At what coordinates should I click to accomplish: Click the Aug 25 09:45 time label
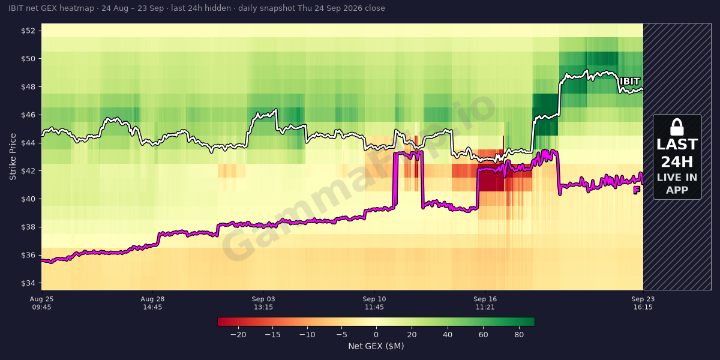click(42, 303)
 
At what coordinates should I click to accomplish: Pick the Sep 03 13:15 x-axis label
click(263, 303)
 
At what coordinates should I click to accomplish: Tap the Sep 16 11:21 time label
click(485, 303)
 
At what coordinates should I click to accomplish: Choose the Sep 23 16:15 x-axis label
click(643, 303)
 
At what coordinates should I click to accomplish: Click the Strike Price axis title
click(13, 157)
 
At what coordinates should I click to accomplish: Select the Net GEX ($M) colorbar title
click(376, 346)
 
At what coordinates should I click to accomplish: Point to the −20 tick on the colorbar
click(238, 335)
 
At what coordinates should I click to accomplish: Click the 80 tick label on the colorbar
click(519, 335)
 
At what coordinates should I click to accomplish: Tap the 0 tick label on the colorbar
click(376, 335)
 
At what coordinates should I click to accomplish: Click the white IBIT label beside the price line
click(629, 82)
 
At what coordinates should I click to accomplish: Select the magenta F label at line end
click(637, 190)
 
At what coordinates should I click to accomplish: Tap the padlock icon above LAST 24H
click(677, 127)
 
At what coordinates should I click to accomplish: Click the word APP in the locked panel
click(677, 190)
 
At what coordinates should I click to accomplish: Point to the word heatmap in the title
click(77, 8)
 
